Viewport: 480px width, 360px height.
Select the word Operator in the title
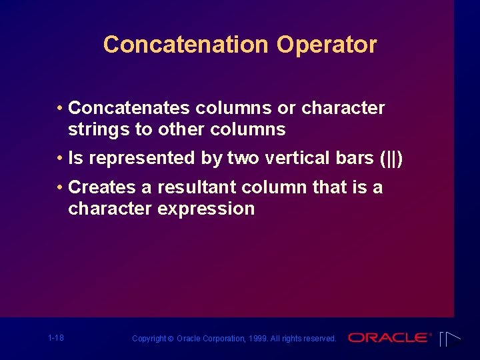327,45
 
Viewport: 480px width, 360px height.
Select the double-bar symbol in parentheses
391,159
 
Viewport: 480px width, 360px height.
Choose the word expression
205,209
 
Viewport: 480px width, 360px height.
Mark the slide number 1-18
56,338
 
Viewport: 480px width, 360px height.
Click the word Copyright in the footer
149,339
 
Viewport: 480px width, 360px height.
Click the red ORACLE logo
389,338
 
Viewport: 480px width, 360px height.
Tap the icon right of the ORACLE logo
451,338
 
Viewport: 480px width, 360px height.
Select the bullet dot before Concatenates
60,108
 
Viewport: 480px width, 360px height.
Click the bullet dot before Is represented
60,158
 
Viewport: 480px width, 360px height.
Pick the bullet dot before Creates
60,187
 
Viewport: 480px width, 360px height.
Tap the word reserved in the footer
320,339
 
